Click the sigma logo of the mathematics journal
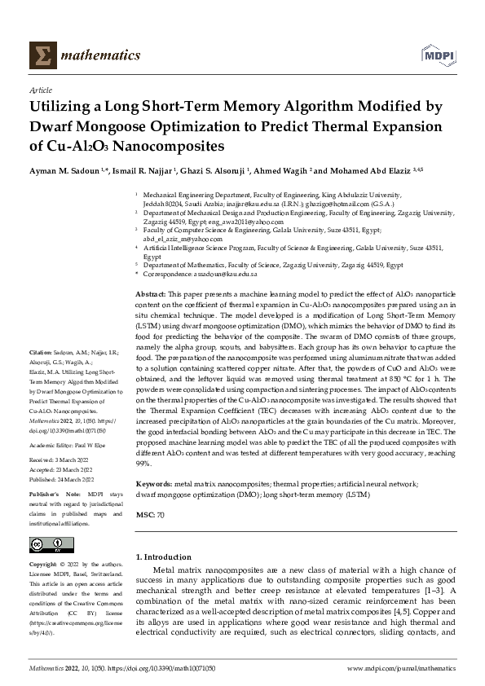point(40,55)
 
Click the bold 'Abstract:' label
point(151,292)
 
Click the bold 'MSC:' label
point(144,516)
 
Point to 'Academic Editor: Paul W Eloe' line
point(69,446)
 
